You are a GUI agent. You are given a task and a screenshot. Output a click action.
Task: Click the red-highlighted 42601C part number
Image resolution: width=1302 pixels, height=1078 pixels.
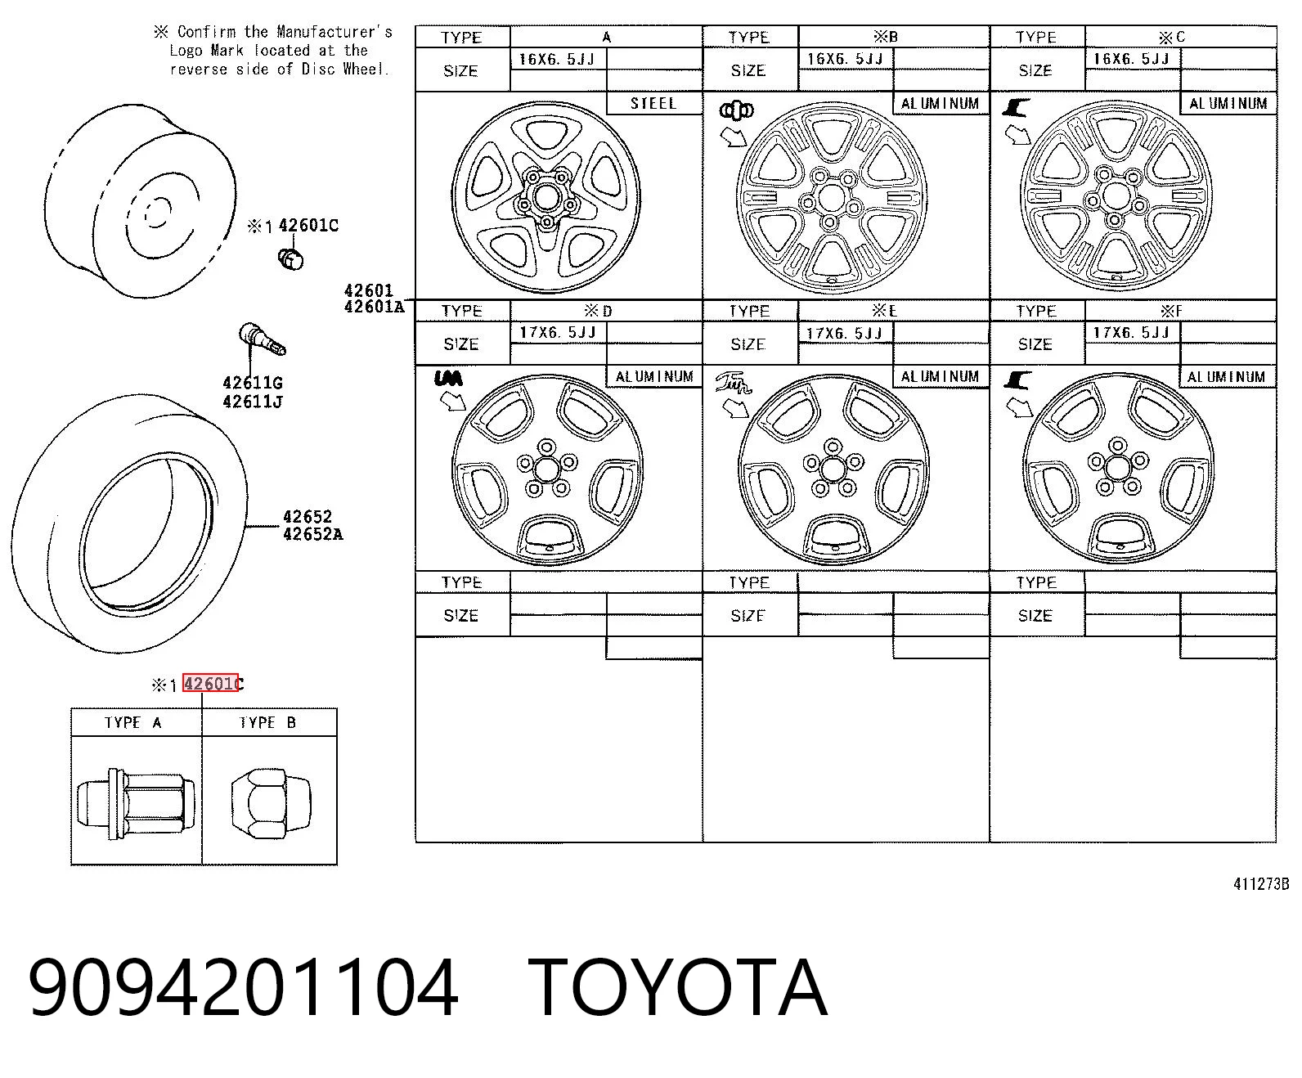click(x=211, y=683)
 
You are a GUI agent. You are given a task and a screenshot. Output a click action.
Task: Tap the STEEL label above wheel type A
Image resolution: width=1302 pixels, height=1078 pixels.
click(x=653, y=103)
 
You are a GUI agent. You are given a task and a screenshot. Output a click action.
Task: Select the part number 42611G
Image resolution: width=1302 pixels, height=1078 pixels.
click(x=253, y=383)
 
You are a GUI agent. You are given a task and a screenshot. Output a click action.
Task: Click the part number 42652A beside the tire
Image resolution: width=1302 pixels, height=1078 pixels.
click(x=313, y=534)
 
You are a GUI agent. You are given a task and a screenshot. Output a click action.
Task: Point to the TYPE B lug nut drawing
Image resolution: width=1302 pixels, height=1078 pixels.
click(x=271, y=803)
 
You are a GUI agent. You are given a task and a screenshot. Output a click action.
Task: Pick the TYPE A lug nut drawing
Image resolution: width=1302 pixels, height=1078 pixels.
click(x=136, y=803)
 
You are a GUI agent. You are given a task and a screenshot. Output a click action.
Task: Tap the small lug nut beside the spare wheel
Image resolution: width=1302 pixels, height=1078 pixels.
click(x=290, y=258)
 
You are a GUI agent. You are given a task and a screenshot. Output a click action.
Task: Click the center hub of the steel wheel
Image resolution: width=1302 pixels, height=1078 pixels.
click(x=547, y=196)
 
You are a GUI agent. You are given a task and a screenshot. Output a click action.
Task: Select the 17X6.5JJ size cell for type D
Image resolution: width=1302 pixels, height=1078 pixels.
click(x=557, y=332)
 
